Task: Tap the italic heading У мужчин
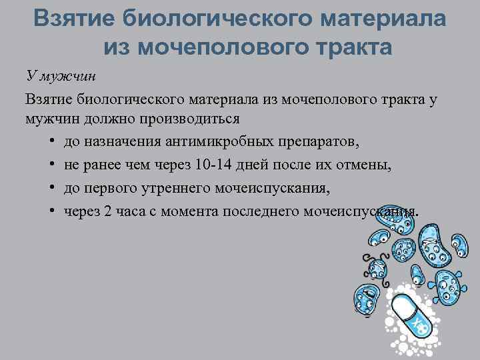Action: (61, 75)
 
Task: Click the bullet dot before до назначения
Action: (52, 143)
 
